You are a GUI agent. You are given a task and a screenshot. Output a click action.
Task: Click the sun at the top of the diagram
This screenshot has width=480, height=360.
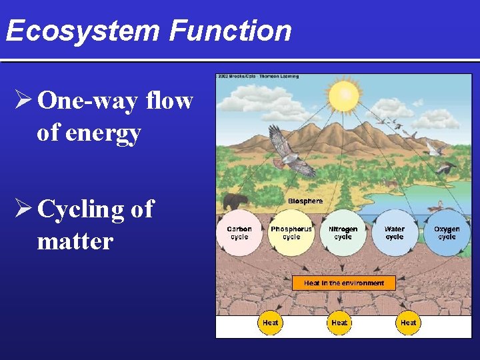coord(344,97)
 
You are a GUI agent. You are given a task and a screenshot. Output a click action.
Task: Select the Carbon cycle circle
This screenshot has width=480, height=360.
coord(239,233)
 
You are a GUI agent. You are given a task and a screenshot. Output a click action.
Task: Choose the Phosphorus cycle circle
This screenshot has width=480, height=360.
coord(291,233)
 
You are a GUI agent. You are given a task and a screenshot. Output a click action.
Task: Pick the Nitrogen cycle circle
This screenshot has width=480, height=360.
coord(343,233)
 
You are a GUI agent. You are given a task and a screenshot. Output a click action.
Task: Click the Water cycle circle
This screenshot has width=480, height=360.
coord(394,233)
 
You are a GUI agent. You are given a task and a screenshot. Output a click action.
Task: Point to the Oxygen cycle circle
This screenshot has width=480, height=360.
coord(446,233)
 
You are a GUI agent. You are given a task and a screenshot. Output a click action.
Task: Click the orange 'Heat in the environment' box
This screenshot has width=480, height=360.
coord(343,283)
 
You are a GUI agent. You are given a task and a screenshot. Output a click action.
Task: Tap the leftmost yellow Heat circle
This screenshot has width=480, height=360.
coord(270,323)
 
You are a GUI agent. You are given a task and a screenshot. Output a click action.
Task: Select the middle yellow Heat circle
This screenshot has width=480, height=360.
coord(339,323)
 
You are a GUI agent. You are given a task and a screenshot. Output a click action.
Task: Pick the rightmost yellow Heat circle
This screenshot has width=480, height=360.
coord(408,323)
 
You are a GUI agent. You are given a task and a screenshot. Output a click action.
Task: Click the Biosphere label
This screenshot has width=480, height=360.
coord(305,201)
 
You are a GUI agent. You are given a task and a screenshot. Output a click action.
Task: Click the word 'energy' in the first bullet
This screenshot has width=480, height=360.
coord(89,133)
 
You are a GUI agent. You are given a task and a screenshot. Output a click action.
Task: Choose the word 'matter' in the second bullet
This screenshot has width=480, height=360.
coord(75,241)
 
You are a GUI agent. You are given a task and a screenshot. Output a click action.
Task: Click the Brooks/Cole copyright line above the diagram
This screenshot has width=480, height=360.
coord(257,76)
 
